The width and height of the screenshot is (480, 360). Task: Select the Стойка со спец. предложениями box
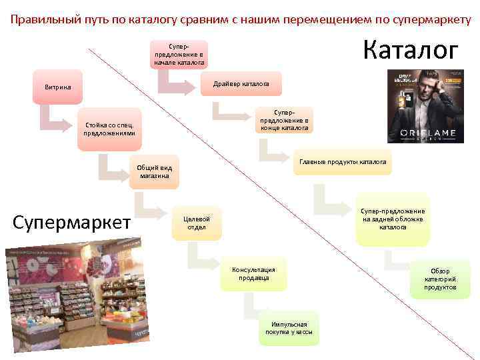[x=109, y=129]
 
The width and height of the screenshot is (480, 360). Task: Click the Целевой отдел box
[x=197, y=223]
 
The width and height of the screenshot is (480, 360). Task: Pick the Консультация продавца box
[x=254, y=273]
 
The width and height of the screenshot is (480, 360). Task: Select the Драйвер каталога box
[x=241, y=85]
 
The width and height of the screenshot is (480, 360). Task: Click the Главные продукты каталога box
[x=342, y=162]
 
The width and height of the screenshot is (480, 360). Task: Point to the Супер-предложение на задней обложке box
[x=393, y=219]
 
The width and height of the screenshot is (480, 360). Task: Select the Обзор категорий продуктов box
[x=440, y=279]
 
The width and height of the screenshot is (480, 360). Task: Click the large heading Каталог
[x=411, y=51]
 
